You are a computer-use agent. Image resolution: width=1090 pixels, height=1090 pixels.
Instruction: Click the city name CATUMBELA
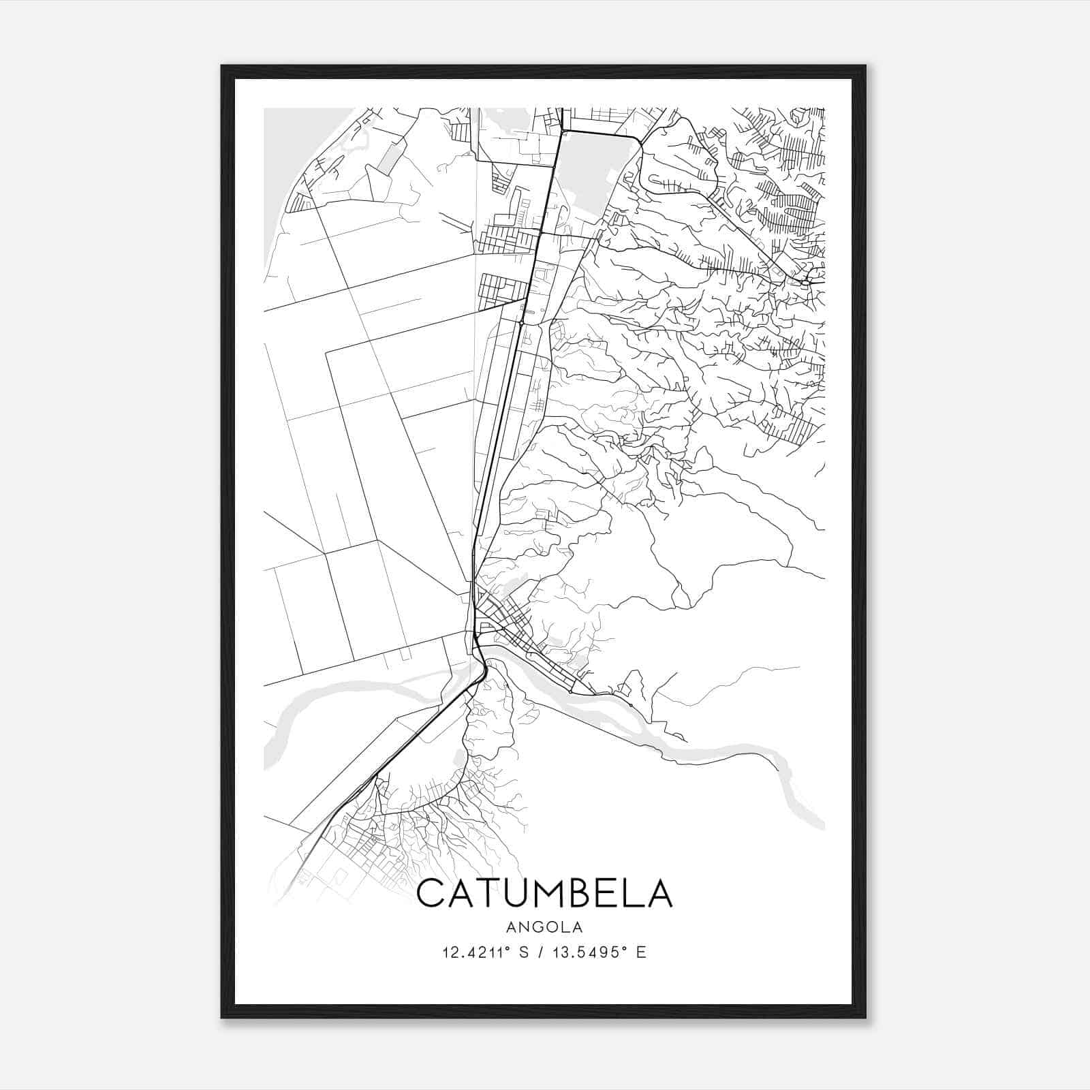click(544, 893)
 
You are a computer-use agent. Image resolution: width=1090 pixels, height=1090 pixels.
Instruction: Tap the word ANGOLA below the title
click(544, 926)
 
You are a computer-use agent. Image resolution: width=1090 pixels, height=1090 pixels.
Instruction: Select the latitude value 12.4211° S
click(486, 952)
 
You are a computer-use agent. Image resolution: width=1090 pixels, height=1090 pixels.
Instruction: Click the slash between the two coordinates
click(545, 952)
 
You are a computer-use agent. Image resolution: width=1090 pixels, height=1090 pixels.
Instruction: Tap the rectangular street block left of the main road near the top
click(503, 288)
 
